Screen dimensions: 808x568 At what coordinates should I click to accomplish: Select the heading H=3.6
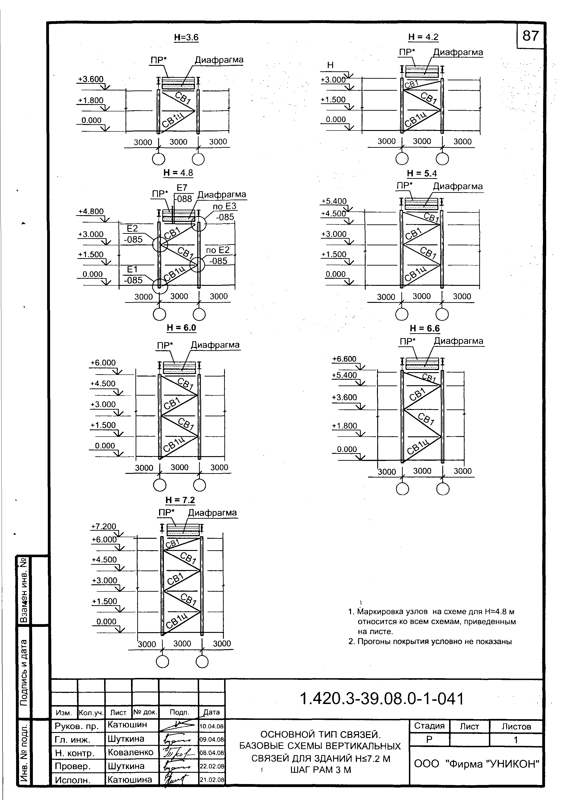coord(186,37)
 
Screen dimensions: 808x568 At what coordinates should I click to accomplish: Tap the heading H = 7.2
coord(180,500)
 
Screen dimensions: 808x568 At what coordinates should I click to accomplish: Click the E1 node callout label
coord(132,269)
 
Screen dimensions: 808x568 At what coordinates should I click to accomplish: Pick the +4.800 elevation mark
coord(91,211)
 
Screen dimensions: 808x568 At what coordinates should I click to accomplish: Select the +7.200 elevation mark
coord(103,527)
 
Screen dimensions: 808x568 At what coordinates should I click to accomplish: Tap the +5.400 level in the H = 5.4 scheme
coord(334,201)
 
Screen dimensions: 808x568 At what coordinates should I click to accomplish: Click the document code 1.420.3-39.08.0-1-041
coord(382,699)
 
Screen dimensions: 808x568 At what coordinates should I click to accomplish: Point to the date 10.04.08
coord(212,726)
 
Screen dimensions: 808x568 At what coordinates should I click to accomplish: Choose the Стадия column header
coord(429,726)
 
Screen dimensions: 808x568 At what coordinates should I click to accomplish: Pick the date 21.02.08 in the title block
coord(212,779)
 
